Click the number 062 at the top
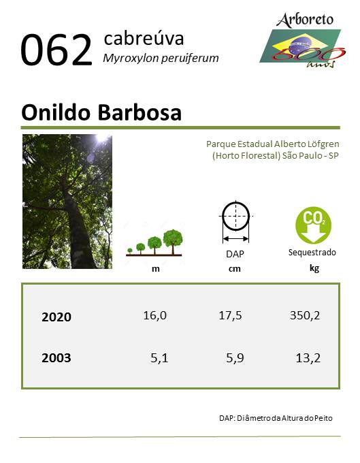tap(56, 50)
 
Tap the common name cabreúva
tap(144, 39)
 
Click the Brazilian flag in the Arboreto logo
tap(300, 46)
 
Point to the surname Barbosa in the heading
tap(140, 113)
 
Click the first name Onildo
tap(56, 113)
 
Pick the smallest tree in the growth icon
tap(130, 251)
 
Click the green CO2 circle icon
tap(313, 225)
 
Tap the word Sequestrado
tap(312, 253)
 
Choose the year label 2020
tap(56, 317)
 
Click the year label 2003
tap(56, 358)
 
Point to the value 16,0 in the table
tap(155, 315)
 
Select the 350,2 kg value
tap(305, 315)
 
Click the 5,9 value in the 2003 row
tap(235, 358)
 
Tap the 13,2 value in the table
tap(308, 358)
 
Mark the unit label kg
tap(314, 268)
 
